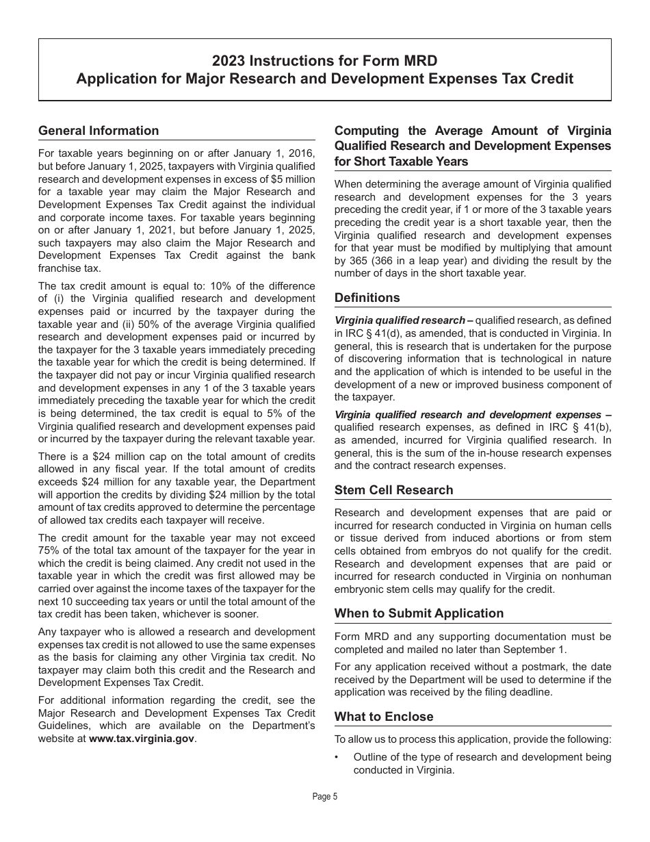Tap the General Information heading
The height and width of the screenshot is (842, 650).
click(99, 131)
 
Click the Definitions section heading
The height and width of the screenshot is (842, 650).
click(367, 298)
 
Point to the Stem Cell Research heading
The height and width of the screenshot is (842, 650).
click(393, 490)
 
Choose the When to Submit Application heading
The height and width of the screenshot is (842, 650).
click(419, 613)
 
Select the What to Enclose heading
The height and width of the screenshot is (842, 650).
click(384, 717)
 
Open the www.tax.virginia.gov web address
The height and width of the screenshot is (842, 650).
click(142, 739)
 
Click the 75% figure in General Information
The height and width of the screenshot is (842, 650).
click(50, 550)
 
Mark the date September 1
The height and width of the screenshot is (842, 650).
click(534, 650)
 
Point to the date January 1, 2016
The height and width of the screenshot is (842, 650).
click(273, 153)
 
